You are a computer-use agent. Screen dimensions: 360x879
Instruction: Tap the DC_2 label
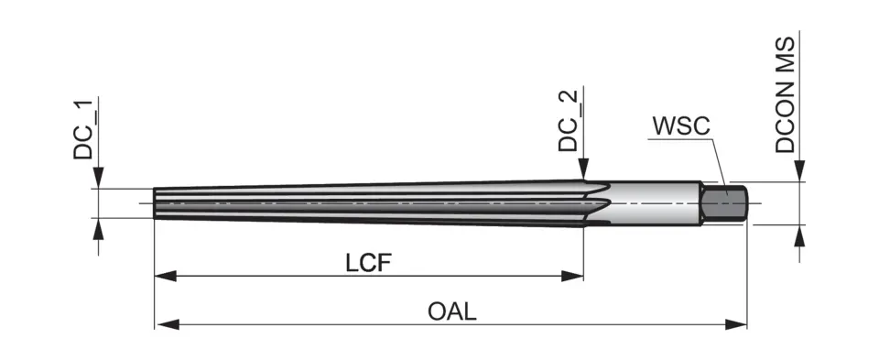(x=569, y=122)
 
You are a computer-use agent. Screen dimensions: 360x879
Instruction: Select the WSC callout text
(x=680, y=125)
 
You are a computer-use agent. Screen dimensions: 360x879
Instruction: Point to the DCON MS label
(x=786, y=93)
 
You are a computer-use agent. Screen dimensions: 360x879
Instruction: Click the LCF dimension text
(x=369, y=263)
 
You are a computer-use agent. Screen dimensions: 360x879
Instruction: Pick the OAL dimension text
(x=451, y=311)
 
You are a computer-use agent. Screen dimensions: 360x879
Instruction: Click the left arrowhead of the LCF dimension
(x=163, y=274)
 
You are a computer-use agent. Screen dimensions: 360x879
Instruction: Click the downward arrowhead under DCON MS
(x=799, y=171)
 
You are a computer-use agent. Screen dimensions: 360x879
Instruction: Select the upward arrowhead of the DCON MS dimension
(x=799, y=234)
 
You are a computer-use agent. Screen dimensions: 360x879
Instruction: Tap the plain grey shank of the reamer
(x=655, y=202)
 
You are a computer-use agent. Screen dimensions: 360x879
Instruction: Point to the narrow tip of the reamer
(x=157, y=202)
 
